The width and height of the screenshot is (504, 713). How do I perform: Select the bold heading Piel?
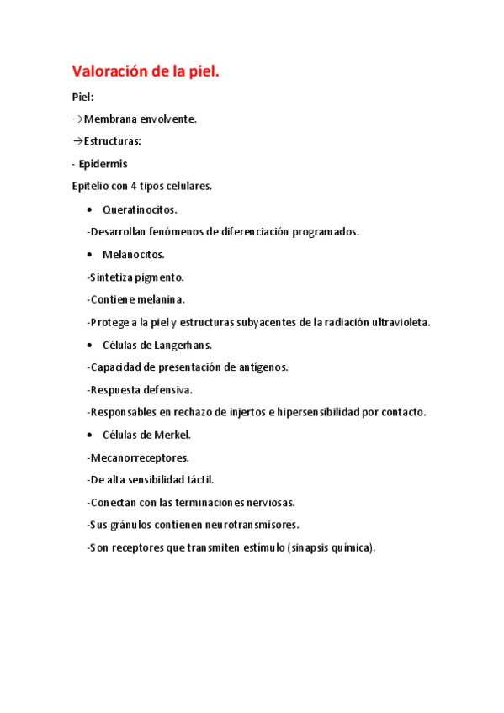tap(82, 97)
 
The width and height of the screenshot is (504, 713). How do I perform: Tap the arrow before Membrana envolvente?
tap(77, 119)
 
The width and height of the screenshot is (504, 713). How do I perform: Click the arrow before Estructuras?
tap(77, 141)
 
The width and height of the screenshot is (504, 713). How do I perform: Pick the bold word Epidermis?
tap(103, 164)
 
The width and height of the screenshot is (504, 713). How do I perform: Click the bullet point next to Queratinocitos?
tap(90, 209)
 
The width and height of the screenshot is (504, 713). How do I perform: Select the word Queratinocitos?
tap(140, 209)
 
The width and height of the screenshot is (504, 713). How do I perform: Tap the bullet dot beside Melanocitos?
tap(90, 255)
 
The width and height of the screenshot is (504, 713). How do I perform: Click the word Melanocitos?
tap(134, 255)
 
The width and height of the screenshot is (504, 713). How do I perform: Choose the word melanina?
tap(160, 299)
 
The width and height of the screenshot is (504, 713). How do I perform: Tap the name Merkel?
tap(172, 435)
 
